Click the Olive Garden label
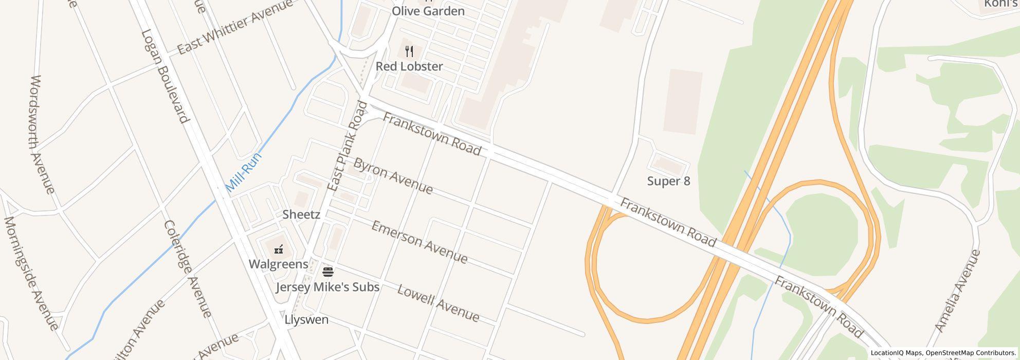click(x=428, y=11)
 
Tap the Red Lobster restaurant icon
click(x=409, y=51)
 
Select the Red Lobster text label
click(x=409, y=66)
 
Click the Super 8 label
click(x=668, y=181)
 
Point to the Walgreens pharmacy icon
click(x=279, y=249)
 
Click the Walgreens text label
click(x=278, y=264)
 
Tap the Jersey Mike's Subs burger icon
click(x=328, y=272)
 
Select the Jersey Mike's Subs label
click(x=327, y=287)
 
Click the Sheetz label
click(x=301, y=214)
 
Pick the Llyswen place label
click(x=306, y=319)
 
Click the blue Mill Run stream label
click(x=244, y=172)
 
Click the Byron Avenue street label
click(x=393, y=176)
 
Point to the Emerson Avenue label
click(x=420, y=242)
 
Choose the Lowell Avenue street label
click(x=438, y=303)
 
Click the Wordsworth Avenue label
click(x=43, y=135)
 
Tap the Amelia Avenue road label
click(x=957, y=291)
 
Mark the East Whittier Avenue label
click(x=235, y=26)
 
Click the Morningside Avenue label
click(x=31, y=273)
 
